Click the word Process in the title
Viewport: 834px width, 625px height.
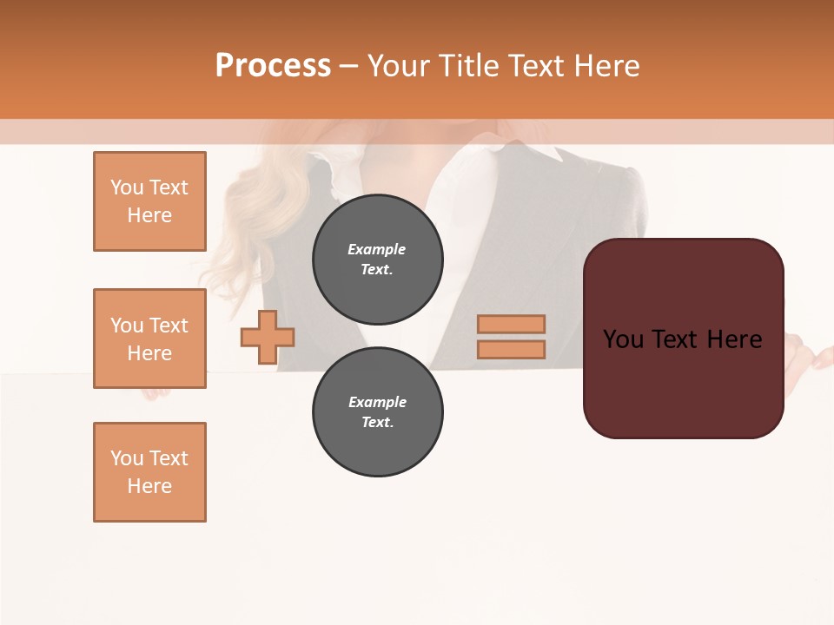tap(273, 65)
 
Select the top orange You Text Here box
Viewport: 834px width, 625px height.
tap(149, 201)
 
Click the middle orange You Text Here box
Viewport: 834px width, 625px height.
tap(149, 339)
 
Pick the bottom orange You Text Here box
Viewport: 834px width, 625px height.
tap(149, 472)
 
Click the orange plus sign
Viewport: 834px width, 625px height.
tap(268, 337)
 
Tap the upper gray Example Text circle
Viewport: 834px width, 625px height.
tap(378, 260)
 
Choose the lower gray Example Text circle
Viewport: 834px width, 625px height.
tap(378, 412)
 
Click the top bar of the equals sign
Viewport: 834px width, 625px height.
tap(512, 325)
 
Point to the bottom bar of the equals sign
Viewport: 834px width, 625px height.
tap(512, 350)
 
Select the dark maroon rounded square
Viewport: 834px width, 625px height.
tap(684, 382)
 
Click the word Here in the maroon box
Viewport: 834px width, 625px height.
tap(734, 339)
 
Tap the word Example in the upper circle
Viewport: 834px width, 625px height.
tap(377, 249)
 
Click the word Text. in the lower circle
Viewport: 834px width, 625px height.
tap(378, 423)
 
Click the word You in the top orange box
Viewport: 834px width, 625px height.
tap(126, 187)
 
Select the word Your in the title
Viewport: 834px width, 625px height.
tap(402, 65)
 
